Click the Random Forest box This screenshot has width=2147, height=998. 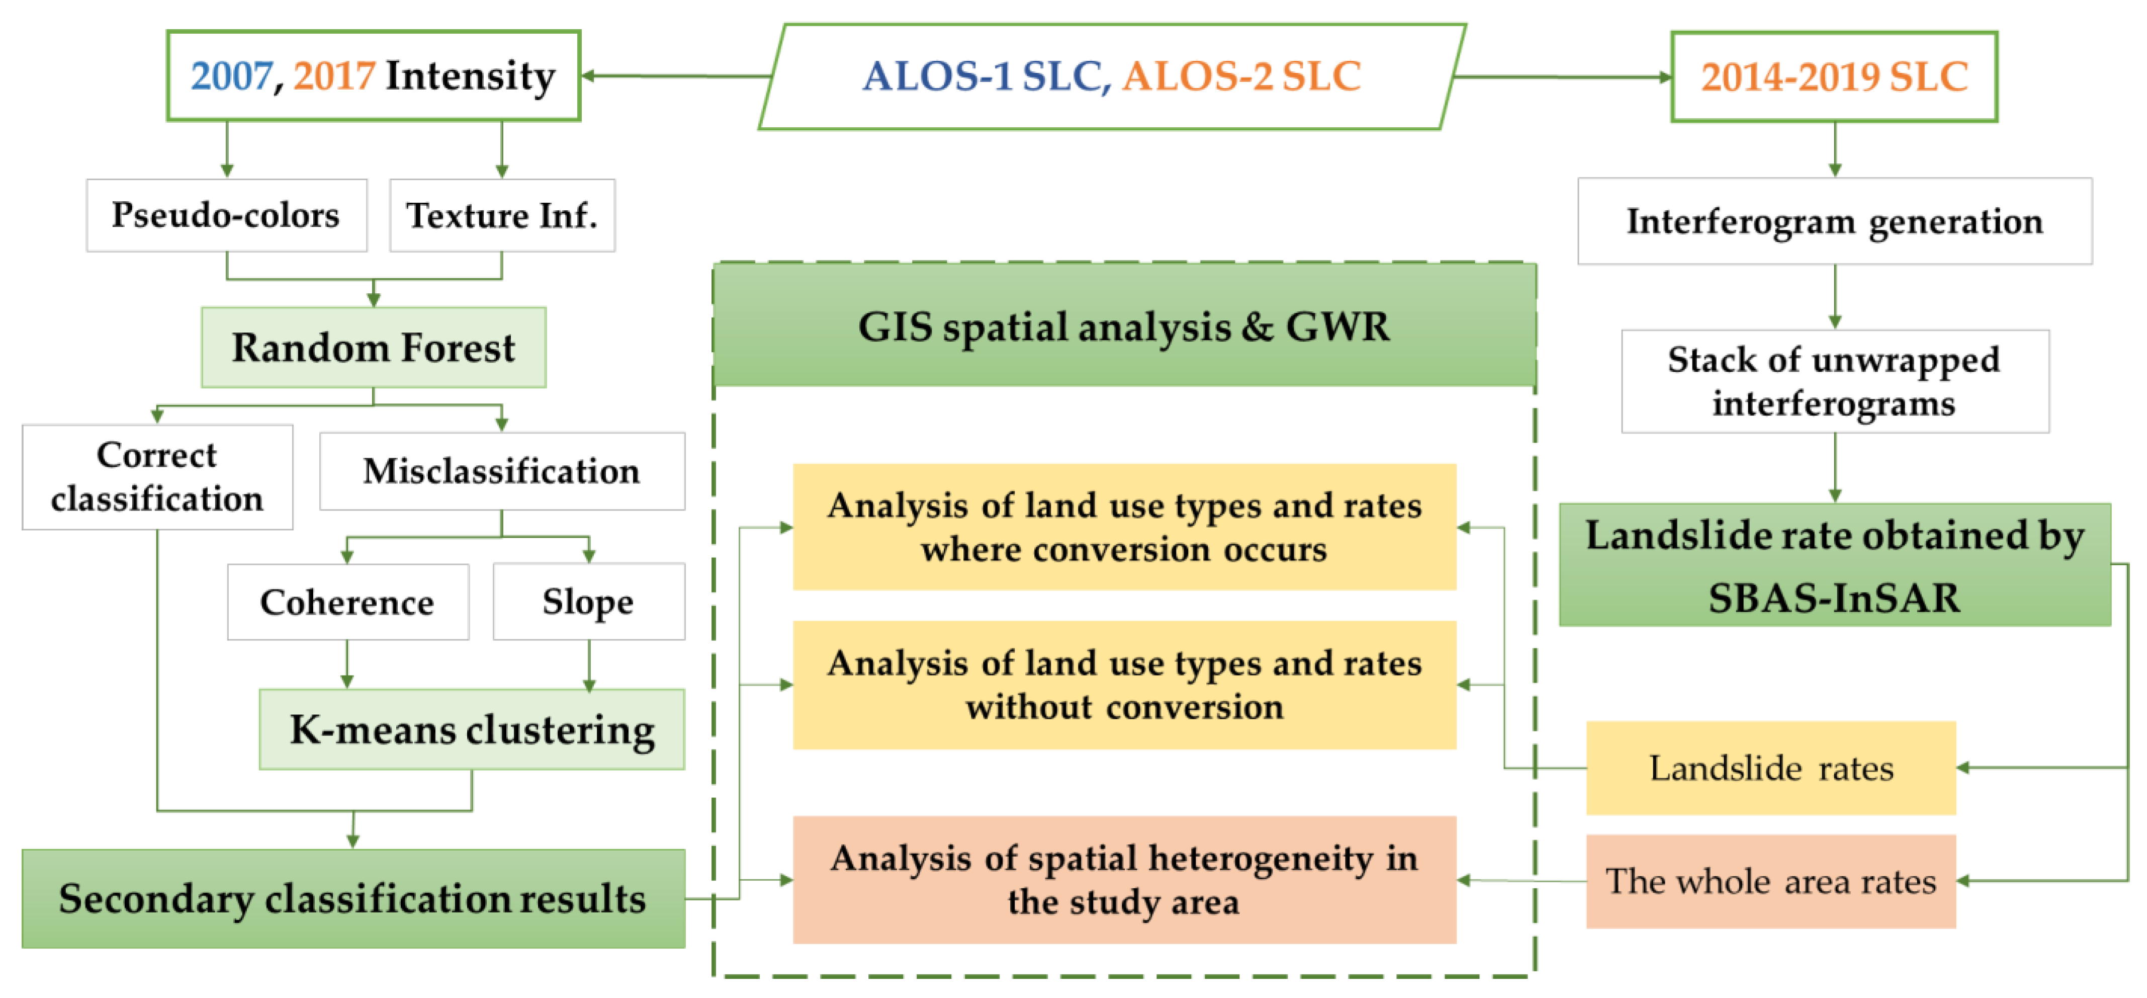[x=374, y=347]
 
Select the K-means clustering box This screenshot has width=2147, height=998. [x=472, y=729]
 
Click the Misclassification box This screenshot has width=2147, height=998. [x=502, y=471]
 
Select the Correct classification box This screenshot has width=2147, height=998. [x=157, y=477]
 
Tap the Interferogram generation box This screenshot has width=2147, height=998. [x=1834, y=221]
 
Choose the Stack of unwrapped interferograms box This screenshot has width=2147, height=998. [x=1834, y=381]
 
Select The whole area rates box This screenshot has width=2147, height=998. [x=1770, y=881]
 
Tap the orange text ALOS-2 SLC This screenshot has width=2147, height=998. [x=1241, y=76]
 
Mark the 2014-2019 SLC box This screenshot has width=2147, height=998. [x=1834, y=76]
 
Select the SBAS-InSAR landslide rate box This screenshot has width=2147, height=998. [x=1834, y=564]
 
